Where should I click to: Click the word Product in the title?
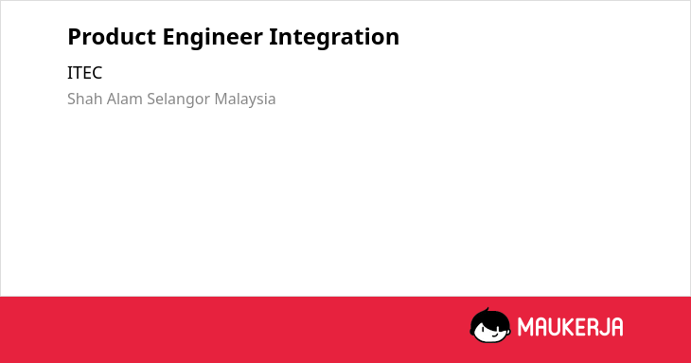coord(112,37)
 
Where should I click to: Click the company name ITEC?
coord(84,73)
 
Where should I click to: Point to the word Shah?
coord(85,99)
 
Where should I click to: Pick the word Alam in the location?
coord(125,99)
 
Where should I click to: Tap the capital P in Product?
coord(75,37)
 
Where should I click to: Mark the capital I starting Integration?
coord(273,37)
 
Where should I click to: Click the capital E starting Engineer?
coord(168,37)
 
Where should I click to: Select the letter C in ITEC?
coord(97,73)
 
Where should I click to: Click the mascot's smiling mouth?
coord(493,335)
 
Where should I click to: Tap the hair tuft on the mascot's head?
coord(487,311)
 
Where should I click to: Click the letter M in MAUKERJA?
coord(525,327)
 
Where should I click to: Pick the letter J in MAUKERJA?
coord(604,327)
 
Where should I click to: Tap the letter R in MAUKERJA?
coord(593,327)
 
